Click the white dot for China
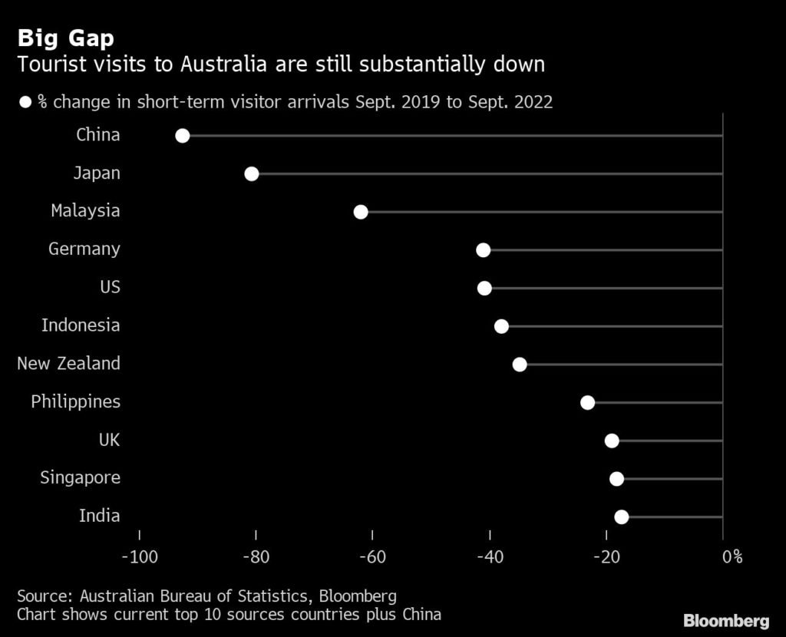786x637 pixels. (x=182, y=136)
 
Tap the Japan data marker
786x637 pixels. (x=251, y=173)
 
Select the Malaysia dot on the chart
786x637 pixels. (x=361, y=212)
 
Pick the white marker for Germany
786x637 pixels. (x=483, y=249)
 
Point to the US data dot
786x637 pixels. (x=484, y=288)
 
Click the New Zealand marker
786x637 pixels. (x=520, y=364)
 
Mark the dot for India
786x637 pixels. (x=622, y=517)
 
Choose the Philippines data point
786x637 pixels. (x=588, y=402)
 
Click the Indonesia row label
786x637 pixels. (x=81, y=325)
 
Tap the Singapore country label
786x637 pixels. (x=80, y=478)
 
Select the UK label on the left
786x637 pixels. (x=109, y=440)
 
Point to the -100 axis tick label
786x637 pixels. (x=139, y=556)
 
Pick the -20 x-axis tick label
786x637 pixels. (x=606, y=556)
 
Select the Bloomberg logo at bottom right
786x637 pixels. (x=726, y=619)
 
